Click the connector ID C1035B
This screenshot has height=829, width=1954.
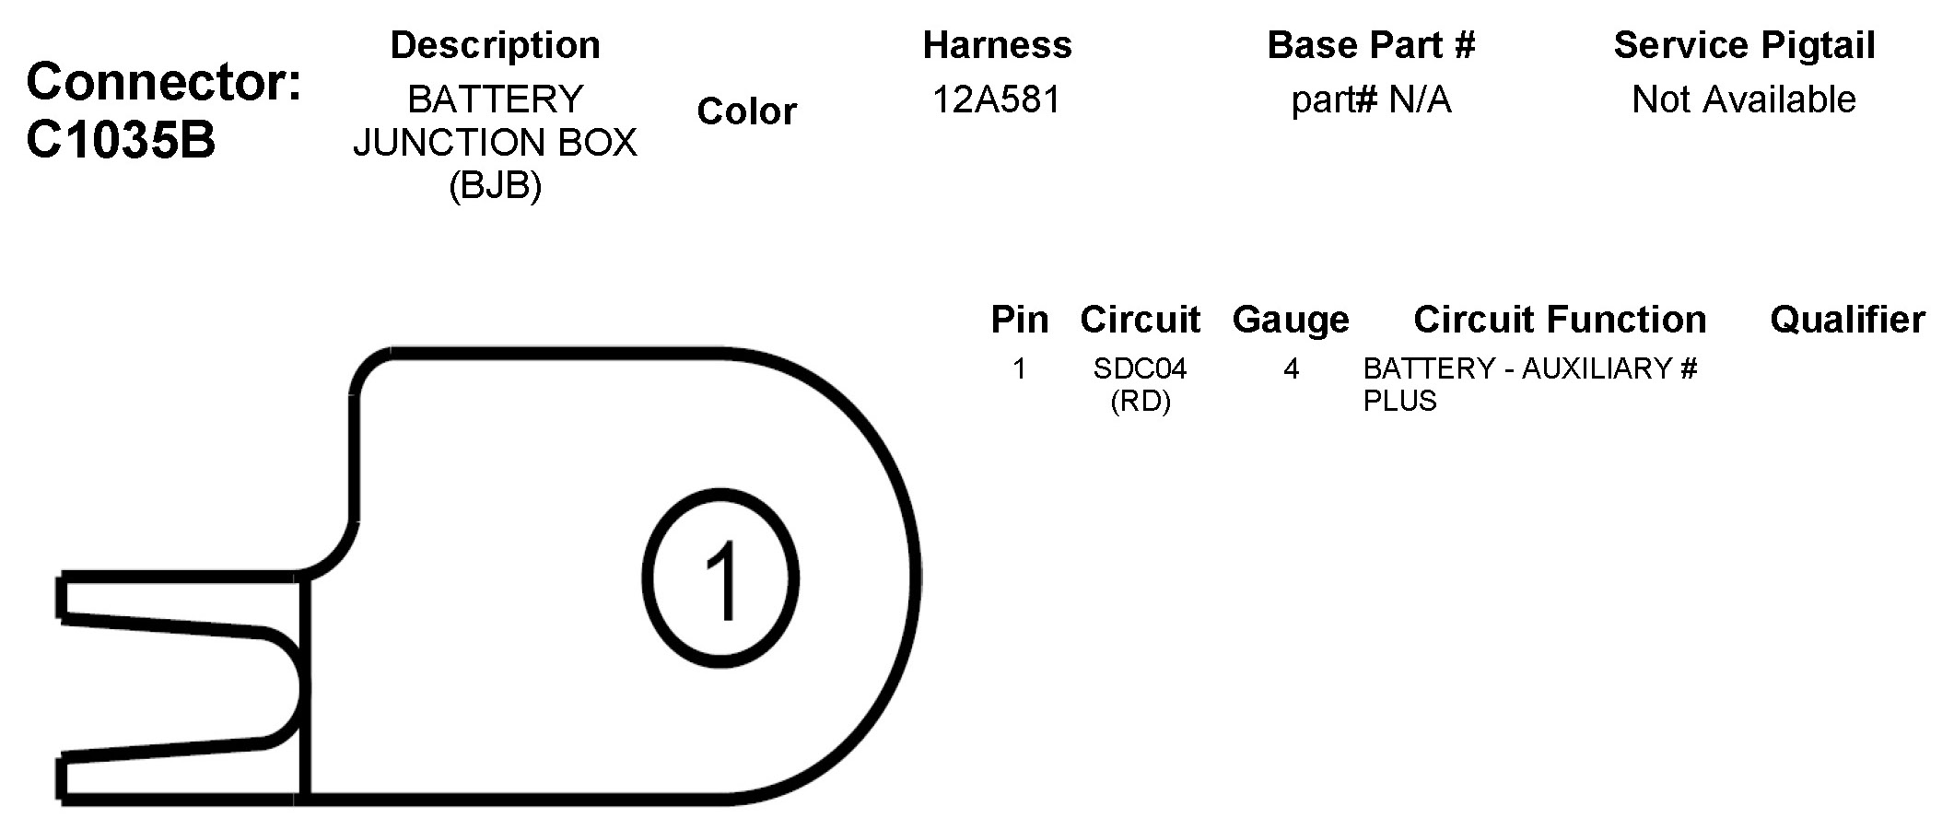pyautogui.click(x=121, y=140)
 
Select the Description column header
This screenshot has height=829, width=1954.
pyautogui.click(x=495, y=45)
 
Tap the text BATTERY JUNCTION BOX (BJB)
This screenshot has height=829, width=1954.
pyautogui.click(x=495, y=142)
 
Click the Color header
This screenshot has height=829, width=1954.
pyautogui.click(x=746, y=111)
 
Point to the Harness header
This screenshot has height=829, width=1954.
pyautogui.click(x=997, y=45)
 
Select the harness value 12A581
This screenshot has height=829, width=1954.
pyautogui.click(x=997, y=99)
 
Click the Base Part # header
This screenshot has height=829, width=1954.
pyautogui.click(x=1371, y=45)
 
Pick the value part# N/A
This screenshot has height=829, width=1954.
pyautogui.click(x=1371, y=99)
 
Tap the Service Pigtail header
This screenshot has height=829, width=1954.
pyautogui.click(x=1744, y=45)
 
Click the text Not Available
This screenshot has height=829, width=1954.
pyautogui.click(x=1743, y=99)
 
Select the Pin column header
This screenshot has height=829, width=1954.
pyautogui.click(x=1019, y=320)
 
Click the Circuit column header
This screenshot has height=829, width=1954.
pyautogui.click(x=1140, y=320)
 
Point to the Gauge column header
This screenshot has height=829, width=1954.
pyautogui.click(x=1291, y=320)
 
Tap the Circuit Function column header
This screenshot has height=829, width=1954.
pyautogui.click(x=1560, y=320)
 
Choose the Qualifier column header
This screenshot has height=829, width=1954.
pyautogui.click(x=1847, y=320)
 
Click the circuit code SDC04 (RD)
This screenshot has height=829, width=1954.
pyautogui.click(x=1140, y=384)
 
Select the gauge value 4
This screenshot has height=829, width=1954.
pyautogui.click(x=1291, y=369)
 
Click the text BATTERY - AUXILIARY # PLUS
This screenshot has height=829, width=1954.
pyautogui.click(x=1529, y=384)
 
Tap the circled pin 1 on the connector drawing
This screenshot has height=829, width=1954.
pyautogui.click(x=720, y=578)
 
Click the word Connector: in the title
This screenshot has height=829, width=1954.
pyautogui.click(x=164, y=82)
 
